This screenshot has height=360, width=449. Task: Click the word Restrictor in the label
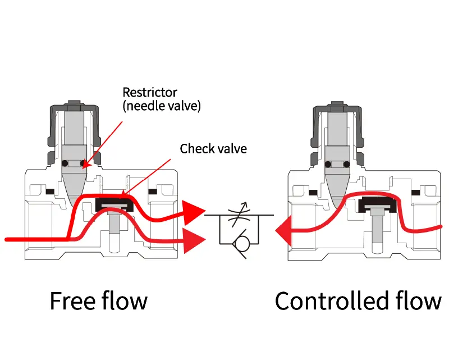[150, 93]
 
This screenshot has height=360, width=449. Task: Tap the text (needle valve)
[162, 106]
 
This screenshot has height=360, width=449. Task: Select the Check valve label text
[213, 149]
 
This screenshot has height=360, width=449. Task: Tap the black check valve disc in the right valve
[377, 204]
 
